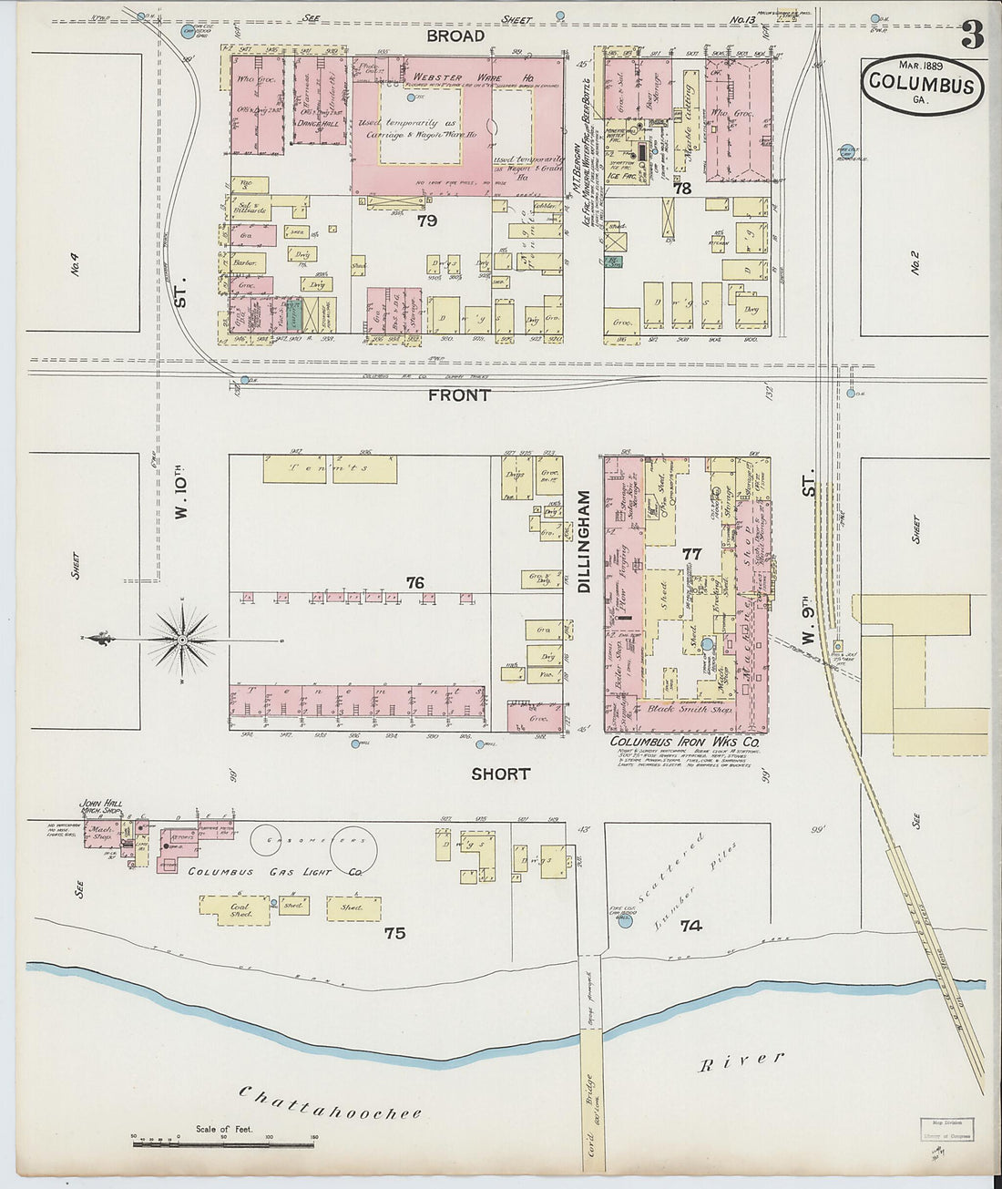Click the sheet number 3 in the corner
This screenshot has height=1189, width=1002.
click(972, 35)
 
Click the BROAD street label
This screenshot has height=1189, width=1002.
click(455, 36)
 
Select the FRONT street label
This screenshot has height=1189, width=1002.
click(460, 395)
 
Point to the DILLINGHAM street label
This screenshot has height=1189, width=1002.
click(584, 542)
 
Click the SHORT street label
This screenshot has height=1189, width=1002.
click(500, 774)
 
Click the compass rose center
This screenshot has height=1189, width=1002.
click(182, 641)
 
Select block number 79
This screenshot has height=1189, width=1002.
click(425, 220)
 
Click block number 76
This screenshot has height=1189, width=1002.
click(415, 582)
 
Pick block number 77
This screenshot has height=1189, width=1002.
click(691, 553)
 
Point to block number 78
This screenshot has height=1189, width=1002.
click(682, 189)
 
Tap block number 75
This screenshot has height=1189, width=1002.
click(394, 933)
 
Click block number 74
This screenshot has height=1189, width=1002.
click(690, 926)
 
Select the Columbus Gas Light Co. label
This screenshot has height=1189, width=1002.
click(276, 872)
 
